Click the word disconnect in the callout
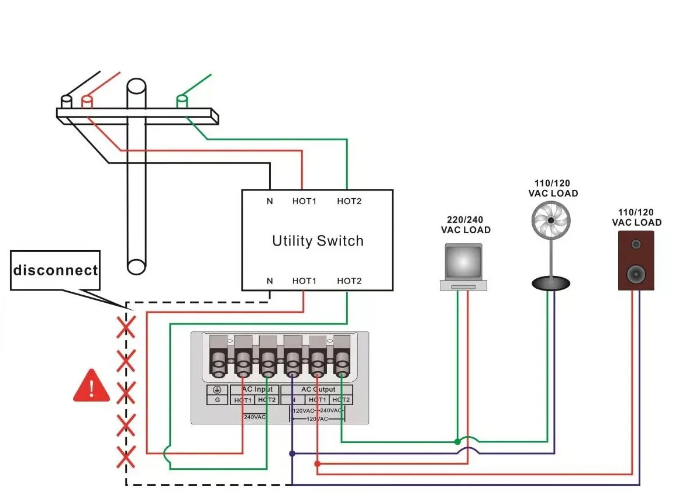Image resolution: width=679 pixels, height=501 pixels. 56,271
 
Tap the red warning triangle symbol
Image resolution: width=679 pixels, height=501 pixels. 91,386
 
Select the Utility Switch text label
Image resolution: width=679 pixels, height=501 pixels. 318,241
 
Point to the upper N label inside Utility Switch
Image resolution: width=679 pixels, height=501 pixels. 270,202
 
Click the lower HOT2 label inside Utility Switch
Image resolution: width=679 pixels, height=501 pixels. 349,281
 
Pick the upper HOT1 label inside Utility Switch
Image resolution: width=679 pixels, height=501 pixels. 304,202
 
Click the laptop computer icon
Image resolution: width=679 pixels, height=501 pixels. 464,267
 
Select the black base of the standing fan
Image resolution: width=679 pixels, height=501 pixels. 550,284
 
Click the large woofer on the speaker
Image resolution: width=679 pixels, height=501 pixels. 636,273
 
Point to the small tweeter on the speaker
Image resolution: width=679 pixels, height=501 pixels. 636,244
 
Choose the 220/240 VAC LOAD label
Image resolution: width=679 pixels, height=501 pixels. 466,225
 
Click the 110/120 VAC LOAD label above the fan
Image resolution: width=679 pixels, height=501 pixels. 553,188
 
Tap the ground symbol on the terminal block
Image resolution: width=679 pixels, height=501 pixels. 218,390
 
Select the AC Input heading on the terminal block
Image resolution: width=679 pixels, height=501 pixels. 256,389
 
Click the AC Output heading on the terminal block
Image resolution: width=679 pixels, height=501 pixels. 318,389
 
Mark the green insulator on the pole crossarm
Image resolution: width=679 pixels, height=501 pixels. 182,102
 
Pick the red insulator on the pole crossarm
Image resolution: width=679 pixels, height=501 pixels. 87,102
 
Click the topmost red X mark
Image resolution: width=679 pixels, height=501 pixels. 125,328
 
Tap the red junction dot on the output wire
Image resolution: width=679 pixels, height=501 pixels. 317,464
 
